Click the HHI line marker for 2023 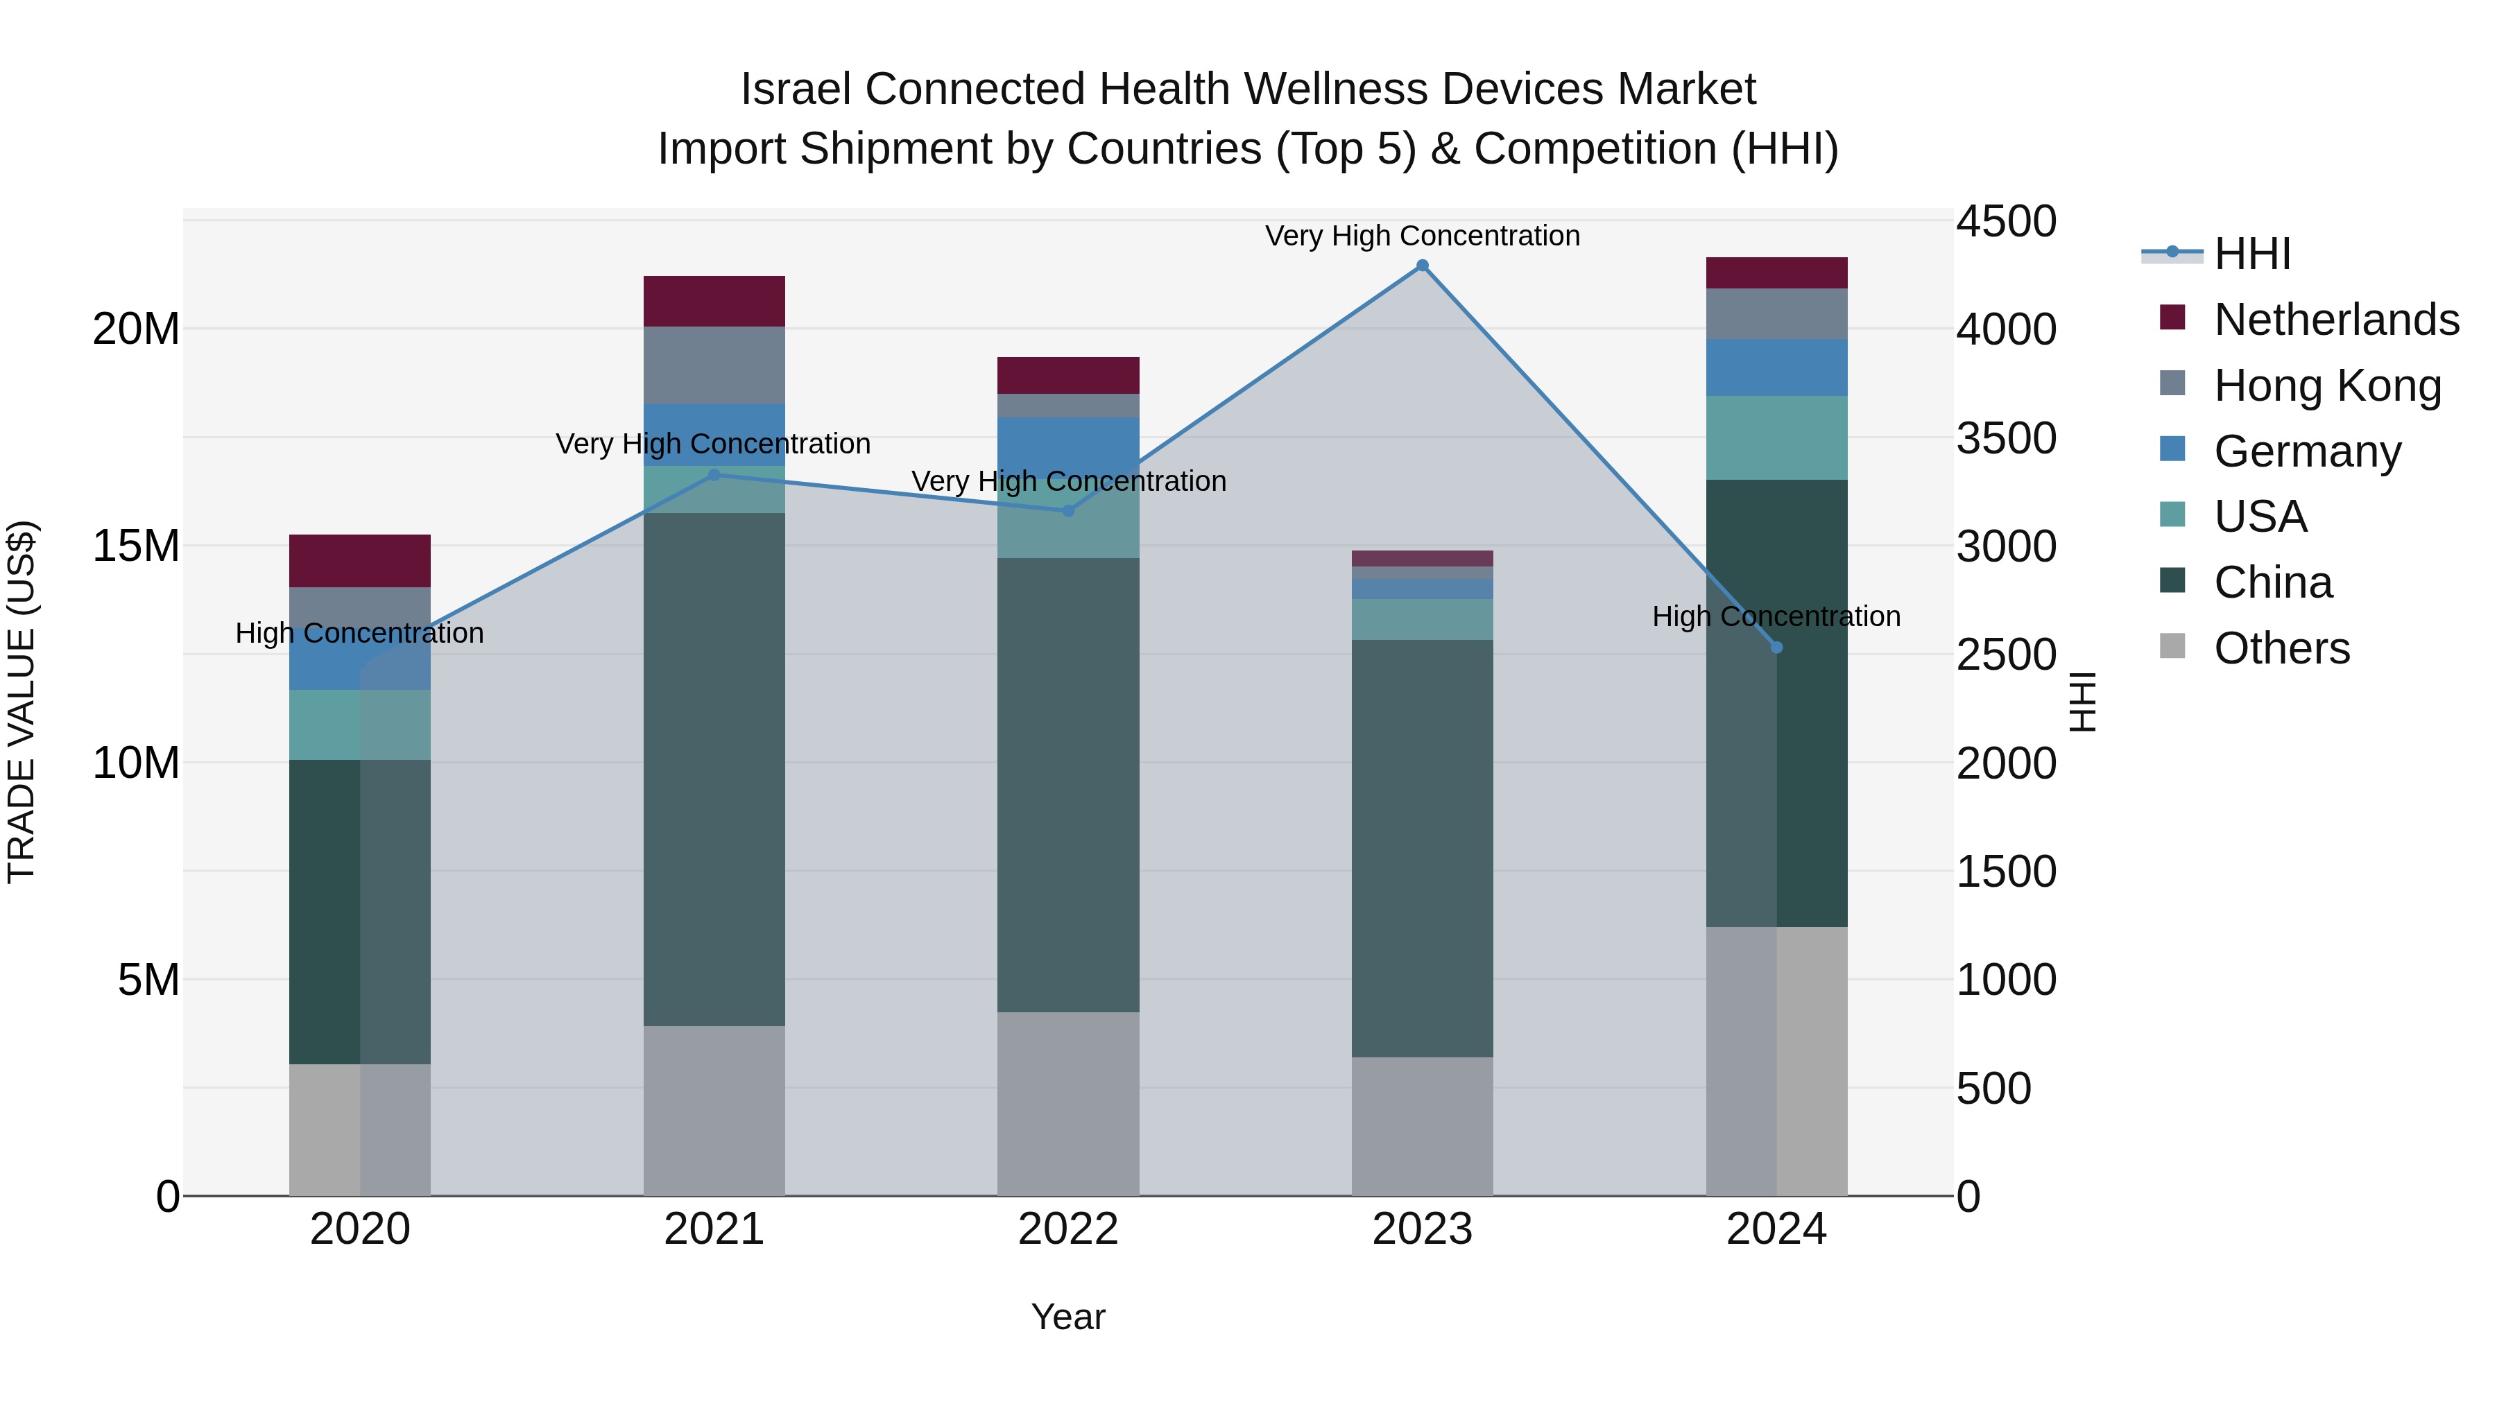pyautogui.click(x=1422, y=266)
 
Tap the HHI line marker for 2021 pyautogui.click(x=714, y=475)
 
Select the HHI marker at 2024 pyautogui.click(x=1777, y=648)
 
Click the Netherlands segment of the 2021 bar pyautogui.click(x=714, y=302)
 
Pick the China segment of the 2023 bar pyautogui.click(x=1422, y=848)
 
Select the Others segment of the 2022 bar pyautogui.click(x=1068, y=1104)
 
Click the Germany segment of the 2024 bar pyautogui.click(x=1777, y=367)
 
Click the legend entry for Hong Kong pyautogui.click(x=2326, y=385)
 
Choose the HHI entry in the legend pyautogui.click(x=2251, y=254)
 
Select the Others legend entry pyautogui.click(x=2281, y=648)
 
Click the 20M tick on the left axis pyautogui.click(x=136, y=329)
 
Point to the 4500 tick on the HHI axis pyautogui.click(x=2005, y=221)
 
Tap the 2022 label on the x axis pyautogui.click(x=1068, y=1229)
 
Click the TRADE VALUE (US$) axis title pyautogui.click(x=22, y=702)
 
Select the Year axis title pyautogui.click(x=1068, y=1317)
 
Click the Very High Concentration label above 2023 pyautogui.click(x=1422, y=236)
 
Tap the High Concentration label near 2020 pyautogui.click(x=359, y=633)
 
